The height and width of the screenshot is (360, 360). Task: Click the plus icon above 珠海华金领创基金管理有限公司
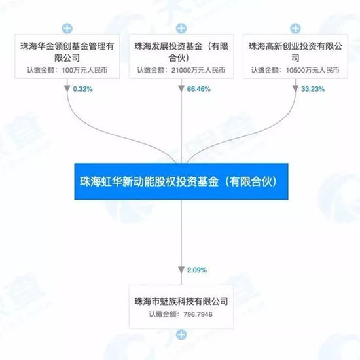[x=67, y=29]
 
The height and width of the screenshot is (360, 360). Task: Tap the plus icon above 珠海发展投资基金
[x=181, y=29]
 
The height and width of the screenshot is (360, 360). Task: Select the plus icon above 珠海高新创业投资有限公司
[x=295, y=29]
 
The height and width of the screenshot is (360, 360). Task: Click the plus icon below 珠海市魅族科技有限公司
[x=181, y=334]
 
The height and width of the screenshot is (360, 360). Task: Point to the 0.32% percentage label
[x=83, y=89]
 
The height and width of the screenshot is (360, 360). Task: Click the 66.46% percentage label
[x=199, y=89]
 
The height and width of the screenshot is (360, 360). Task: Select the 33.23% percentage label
[x=313, y=89]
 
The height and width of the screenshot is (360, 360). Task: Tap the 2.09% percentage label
[x=197, y=270]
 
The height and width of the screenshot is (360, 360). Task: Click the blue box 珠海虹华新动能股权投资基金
[x=181, y=181]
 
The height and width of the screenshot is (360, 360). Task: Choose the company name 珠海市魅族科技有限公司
[x=181, y=301]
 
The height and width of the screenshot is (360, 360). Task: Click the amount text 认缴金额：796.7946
[x=181, y=314]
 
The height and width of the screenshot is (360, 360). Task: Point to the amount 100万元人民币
[x=84, y=70]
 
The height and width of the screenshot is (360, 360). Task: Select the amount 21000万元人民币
[x=198, y=70]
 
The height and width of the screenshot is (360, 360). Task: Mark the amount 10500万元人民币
[x=312, y=70]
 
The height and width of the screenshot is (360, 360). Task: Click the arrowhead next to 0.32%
[x=67, y=88]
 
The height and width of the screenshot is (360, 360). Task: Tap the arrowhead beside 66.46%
[x=181, y=88]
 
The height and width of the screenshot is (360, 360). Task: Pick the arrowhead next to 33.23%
[x=295, y=88]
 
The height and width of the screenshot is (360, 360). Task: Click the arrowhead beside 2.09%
[x=181, y=270]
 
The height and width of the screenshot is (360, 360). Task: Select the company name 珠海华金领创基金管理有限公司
[x=67, y=52]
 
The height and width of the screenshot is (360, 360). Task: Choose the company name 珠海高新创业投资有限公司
[x=295, y=52]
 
